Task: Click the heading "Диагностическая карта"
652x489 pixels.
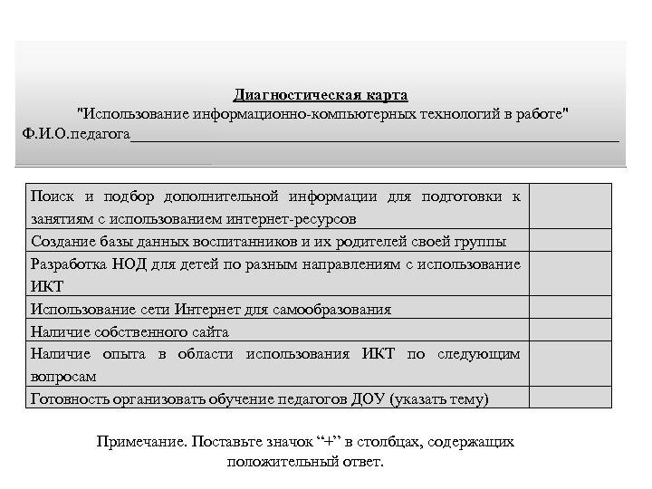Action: click(x=321, y=95)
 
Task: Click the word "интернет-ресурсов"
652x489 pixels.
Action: click(x=296, y=218)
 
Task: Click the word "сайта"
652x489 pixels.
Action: click(x=210, y=331)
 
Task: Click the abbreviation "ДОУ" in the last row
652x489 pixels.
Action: click(x=365, y=398)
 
